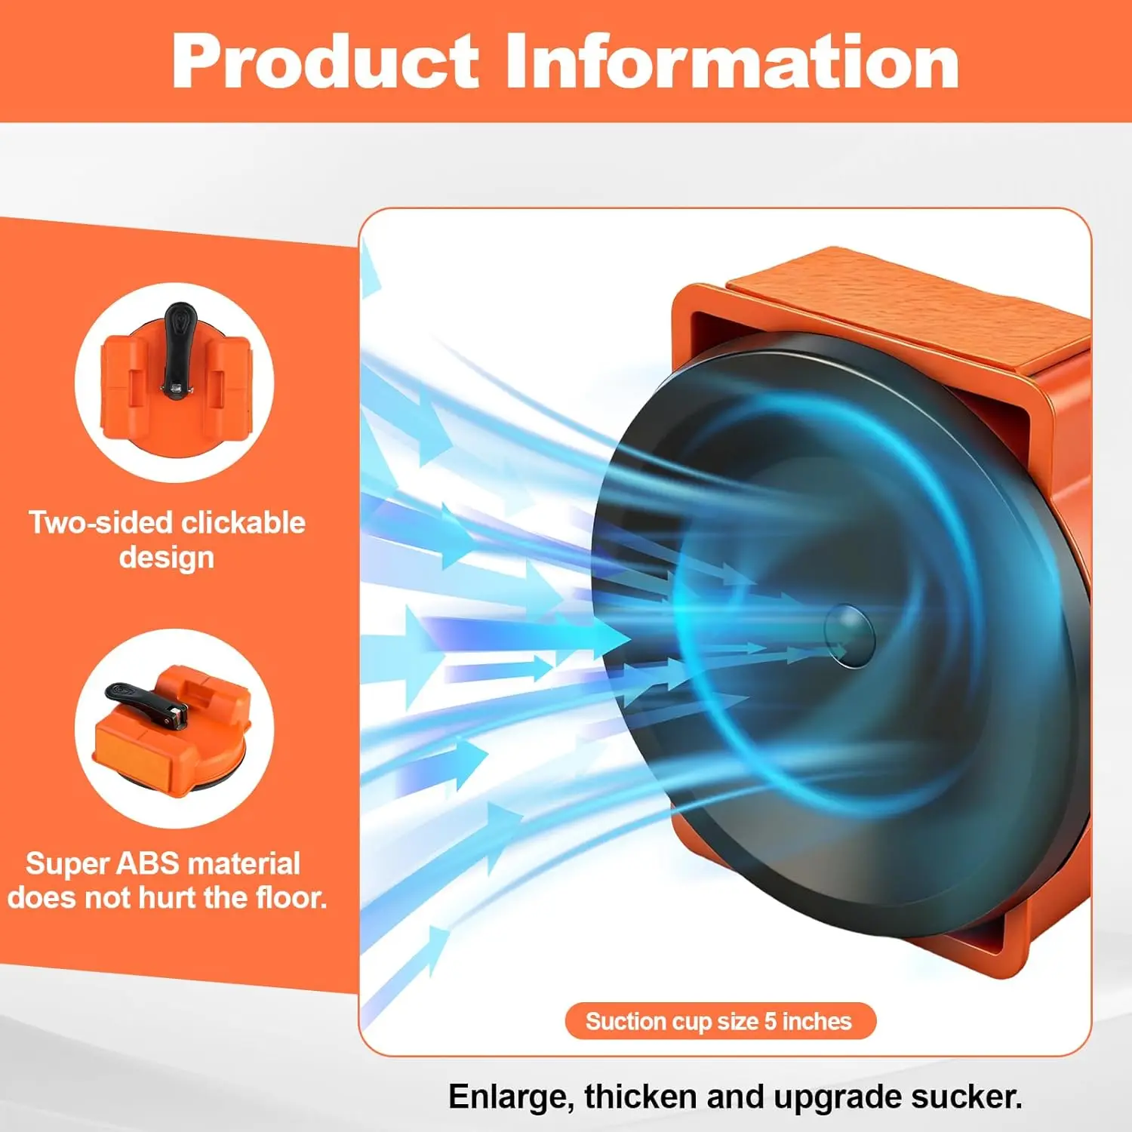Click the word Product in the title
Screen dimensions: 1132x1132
pyautogui.click(x=325, y=61)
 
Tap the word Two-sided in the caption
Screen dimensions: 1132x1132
pyautogui.click(x=101, y=522)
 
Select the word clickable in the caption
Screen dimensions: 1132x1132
pyautogui.click(x=243, y=522)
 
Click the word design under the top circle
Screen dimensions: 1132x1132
pyautogui.click(x=167, y=558)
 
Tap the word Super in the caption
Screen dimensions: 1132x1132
pyautogui.click(x=68, y=864)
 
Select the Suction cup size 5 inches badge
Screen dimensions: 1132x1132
pyautogui.click(x=720, y=1021)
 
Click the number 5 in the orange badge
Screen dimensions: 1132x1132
pyautogui.click(x=770, y=1021)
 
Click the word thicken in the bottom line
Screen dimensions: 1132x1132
pyautogui.click(x=641, y=1097)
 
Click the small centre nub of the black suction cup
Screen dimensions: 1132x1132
pyautogui.click(x=849, y=635)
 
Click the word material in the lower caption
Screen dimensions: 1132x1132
pyautogui.click(x=244, y=863)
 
